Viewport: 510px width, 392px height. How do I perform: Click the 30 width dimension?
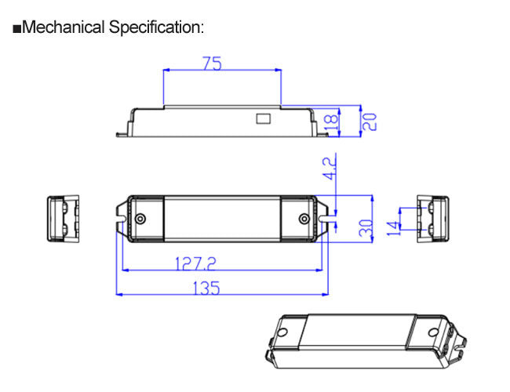pyautogui.click(x=366, y=229)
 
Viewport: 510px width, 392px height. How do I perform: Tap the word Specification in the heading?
pyautogui.click(x=156, y=28)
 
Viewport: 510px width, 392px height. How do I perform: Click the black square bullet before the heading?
pyautogui.click(x=17, y=30)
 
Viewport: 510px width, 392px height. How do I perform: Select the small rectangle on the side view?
pyautogui.click(x=261, y=119)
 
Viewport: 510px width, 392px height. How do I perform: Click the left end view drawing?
pyautogui.click(x=65, y=218)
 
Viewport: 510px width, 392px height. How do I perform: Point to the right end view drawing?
pyautogui.click(x=434, y=218)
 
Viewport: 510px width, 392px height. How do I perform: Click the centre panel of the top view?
pyautogui.click(x=223, y=219)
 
